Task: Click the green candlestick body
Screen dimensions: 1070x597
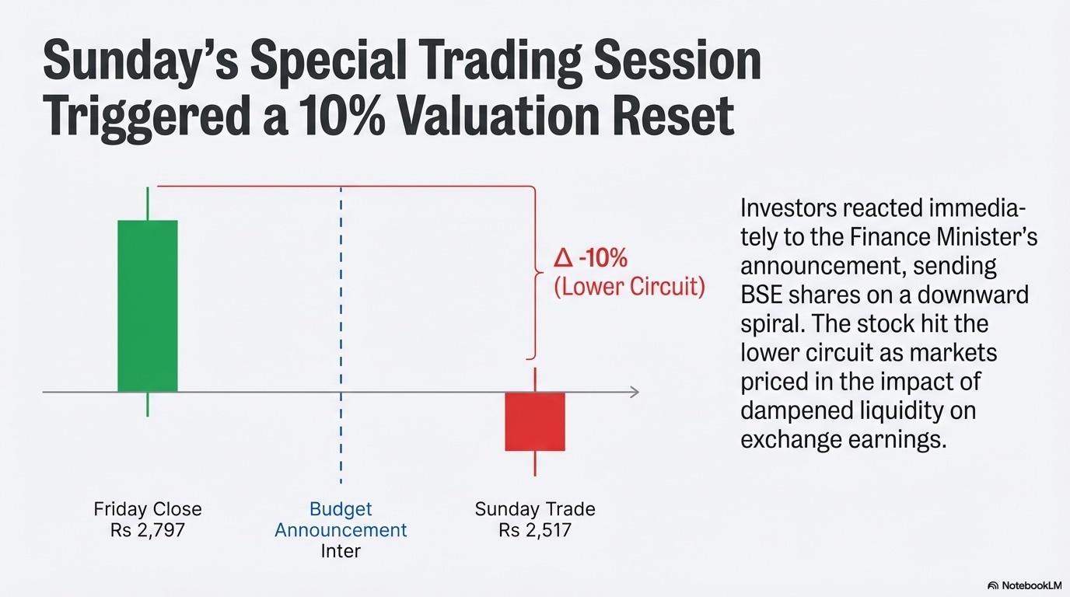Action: pos(148,306)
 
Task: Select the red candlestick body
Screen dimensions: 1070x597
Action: pos(535,422)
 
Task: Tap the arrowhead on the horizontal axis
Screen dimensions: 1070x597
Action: pos(635,392)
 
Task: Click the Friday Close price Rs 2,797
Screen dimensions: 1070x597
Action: pos(148,530)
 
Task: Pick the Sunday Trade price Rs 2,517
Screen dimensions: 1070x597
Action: pos(535,530)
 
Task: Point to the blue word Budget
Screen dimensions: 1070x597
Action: pos(341,509)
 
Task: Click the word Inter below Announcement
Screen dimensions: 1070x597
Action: pos(341,551)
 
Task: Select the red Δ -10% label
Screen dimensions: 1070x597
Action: pos(590,258)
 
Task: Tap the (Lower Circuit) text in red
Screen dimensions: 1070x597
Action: pos(630,287)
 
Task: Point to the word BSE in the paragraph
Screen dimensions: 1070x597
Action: pos(761,295)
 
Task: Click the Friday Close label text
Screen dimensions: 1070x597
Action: pos(148,509)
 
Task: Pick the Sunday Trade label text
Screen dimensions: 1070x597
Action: pos(535,509)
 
